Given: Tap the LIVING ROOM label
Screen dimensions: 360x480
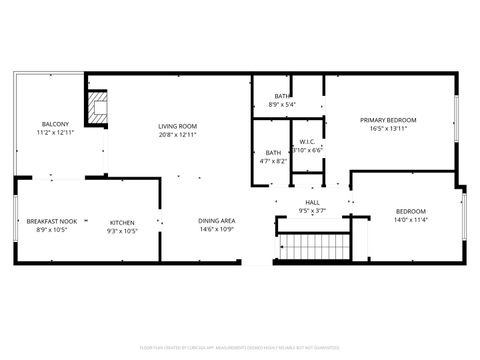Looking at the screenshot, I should pos(177,126).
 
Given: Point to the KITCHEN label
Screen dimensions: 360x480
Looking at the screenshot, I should pos(122,221).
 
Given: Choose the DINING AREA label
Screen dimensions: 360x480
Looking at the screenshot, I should pos(216,221).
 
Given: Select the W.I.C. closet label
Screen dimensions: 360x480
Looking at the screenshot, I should pos(307,141).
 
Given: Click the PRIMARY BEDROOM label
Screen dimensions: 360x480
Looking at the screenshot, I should pos(388,120).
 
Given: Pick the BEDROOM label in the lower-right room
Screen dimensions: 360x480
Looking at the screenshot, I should pos(411,211).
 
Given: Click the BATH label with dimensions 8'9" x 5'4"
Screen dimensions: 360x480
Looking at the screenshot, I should pos(283,96).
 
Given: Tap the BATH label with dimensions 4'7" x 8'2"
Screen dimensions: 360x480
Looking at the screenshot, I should pos(273,153).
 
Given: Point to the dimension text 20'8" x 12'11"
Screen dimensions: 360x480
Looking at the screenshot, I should pos(177,134).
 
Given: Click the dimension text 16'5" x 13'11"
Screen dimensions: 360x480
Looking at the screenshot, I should pos(388,128).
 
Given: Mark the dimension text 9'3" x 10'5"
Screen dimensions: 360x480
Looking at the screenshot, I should pos(122,229).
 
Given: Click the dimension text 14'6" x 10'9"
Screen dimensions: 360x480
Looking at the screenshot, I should pos(216,229).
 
